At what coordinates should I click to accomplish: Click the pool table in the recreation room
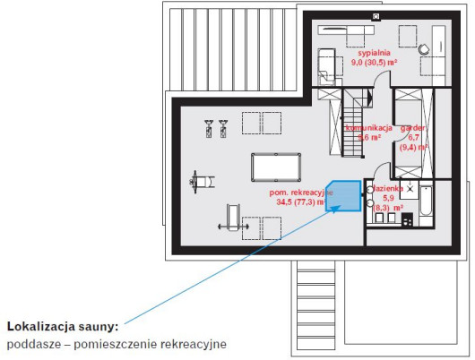(x=277, y=167)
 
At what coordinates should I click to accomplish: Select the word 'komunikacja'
(x=370, y=128)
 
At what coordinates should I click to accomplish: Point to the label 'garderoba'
(x=414, y=128)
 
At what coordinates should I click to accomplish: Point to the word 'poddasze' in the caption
(x=34, y=344)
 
